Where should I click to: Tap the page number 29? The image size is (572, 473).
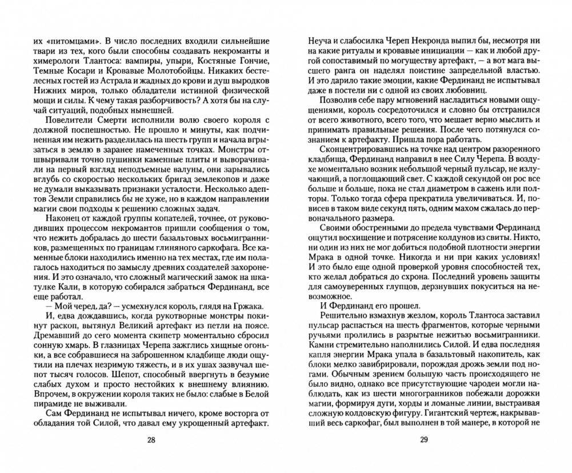tap(423, 440)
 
